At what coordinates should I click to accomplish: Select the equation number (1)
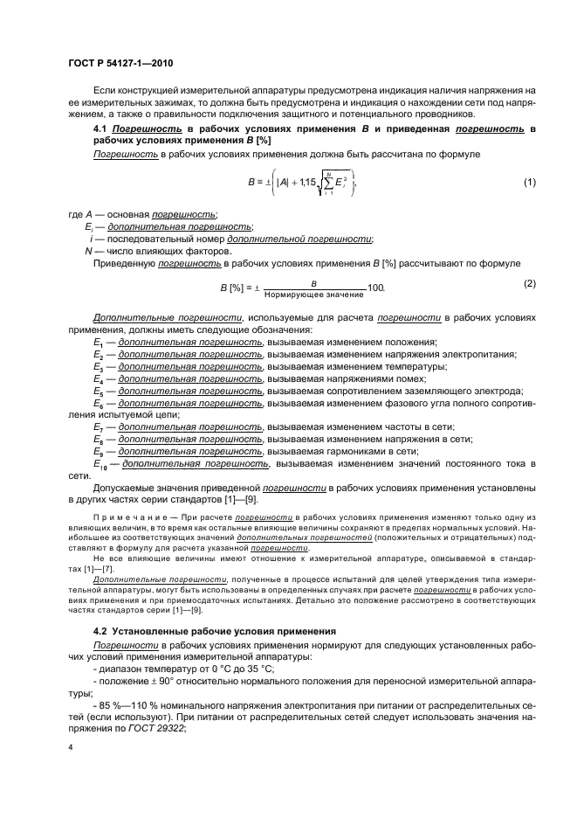tap(528, 182)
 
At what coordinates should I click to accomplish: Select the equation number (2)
tap(528, 283)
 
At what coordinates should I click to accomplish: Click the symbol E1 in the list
tap(98, 342)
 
